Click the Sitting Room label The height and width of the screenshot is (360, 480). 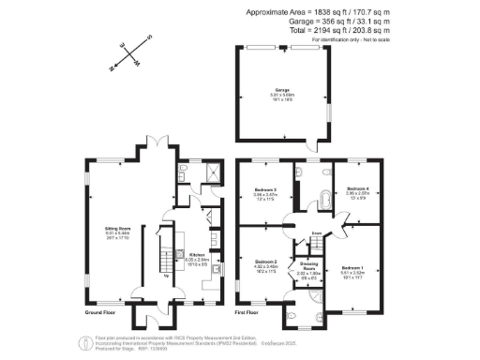tap(117, 227)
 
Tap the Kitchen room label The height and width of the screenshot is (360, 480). tap(198, 254)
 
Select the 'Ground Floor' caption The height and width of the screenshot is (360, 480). tap(99, 312)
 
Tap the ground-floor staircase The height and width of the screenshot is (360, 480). tap(166, 252)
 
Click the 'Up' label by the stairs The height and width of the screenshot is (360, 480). tap(167, 276)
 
